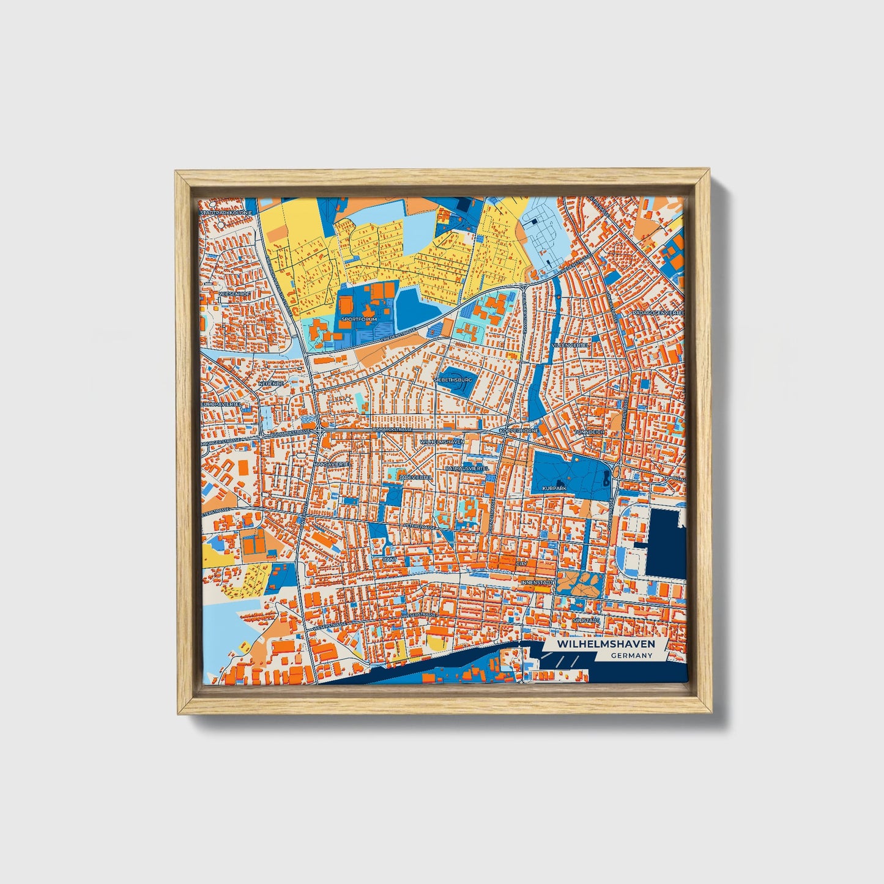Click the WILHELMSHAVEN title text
pos(606,644)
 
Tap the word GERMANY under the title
pos(631,656)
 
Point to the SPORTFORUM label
pos(360,319)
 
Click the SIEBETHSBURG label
pos(453,380)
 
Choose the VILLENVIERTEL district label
pos(570,345)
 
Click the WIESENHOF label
pos(234,294)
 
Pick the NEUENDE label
pos(271,384)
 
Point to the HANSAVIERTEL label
pos(331,464)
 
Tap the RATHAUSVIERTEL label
pos(467,468)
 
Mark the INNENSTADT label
pos(537,582)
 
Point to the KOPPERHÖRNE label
pos(518,431)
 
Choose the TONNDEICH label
pos(589,432)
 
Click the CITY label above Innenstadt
pos(522,563)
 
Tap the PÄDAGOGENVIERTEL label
pos(658,313)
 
